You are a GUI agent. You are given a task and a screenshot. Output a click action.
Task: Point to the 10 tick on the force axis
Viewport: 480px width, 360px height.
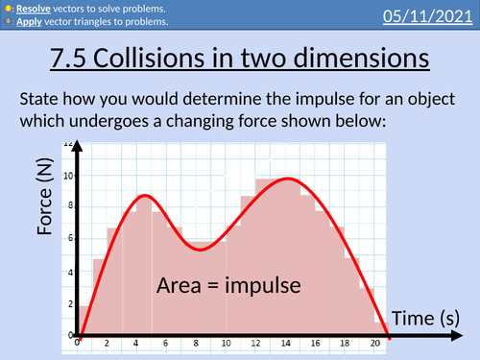point(65,175)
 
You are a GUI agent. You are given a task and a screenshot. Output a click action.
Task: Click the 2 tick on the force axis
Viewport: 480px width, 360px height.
point(68,304)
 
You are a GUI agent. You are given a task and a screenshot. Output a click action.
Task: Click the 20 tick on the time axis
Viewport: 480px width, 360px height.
point(372,343)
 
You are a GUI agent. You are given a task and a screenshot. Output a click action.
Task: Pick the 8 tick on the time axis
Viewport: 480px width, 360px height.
point(197,343)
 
